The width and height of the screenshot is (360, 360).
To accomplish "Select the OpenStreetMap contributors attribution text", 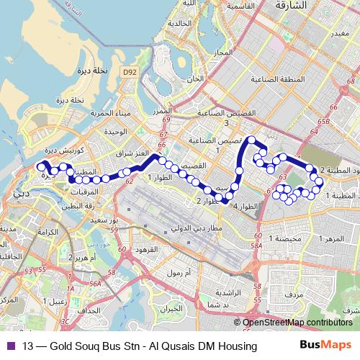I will coord(297,323).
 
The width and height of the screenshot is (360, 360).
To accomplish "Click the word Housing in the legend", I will coord(238,346).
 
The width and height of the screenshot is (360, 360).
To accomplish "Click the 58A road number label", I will coord(256,246).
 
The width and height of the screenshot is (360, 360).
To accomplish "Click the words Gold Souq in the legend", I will coord(81,346).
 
